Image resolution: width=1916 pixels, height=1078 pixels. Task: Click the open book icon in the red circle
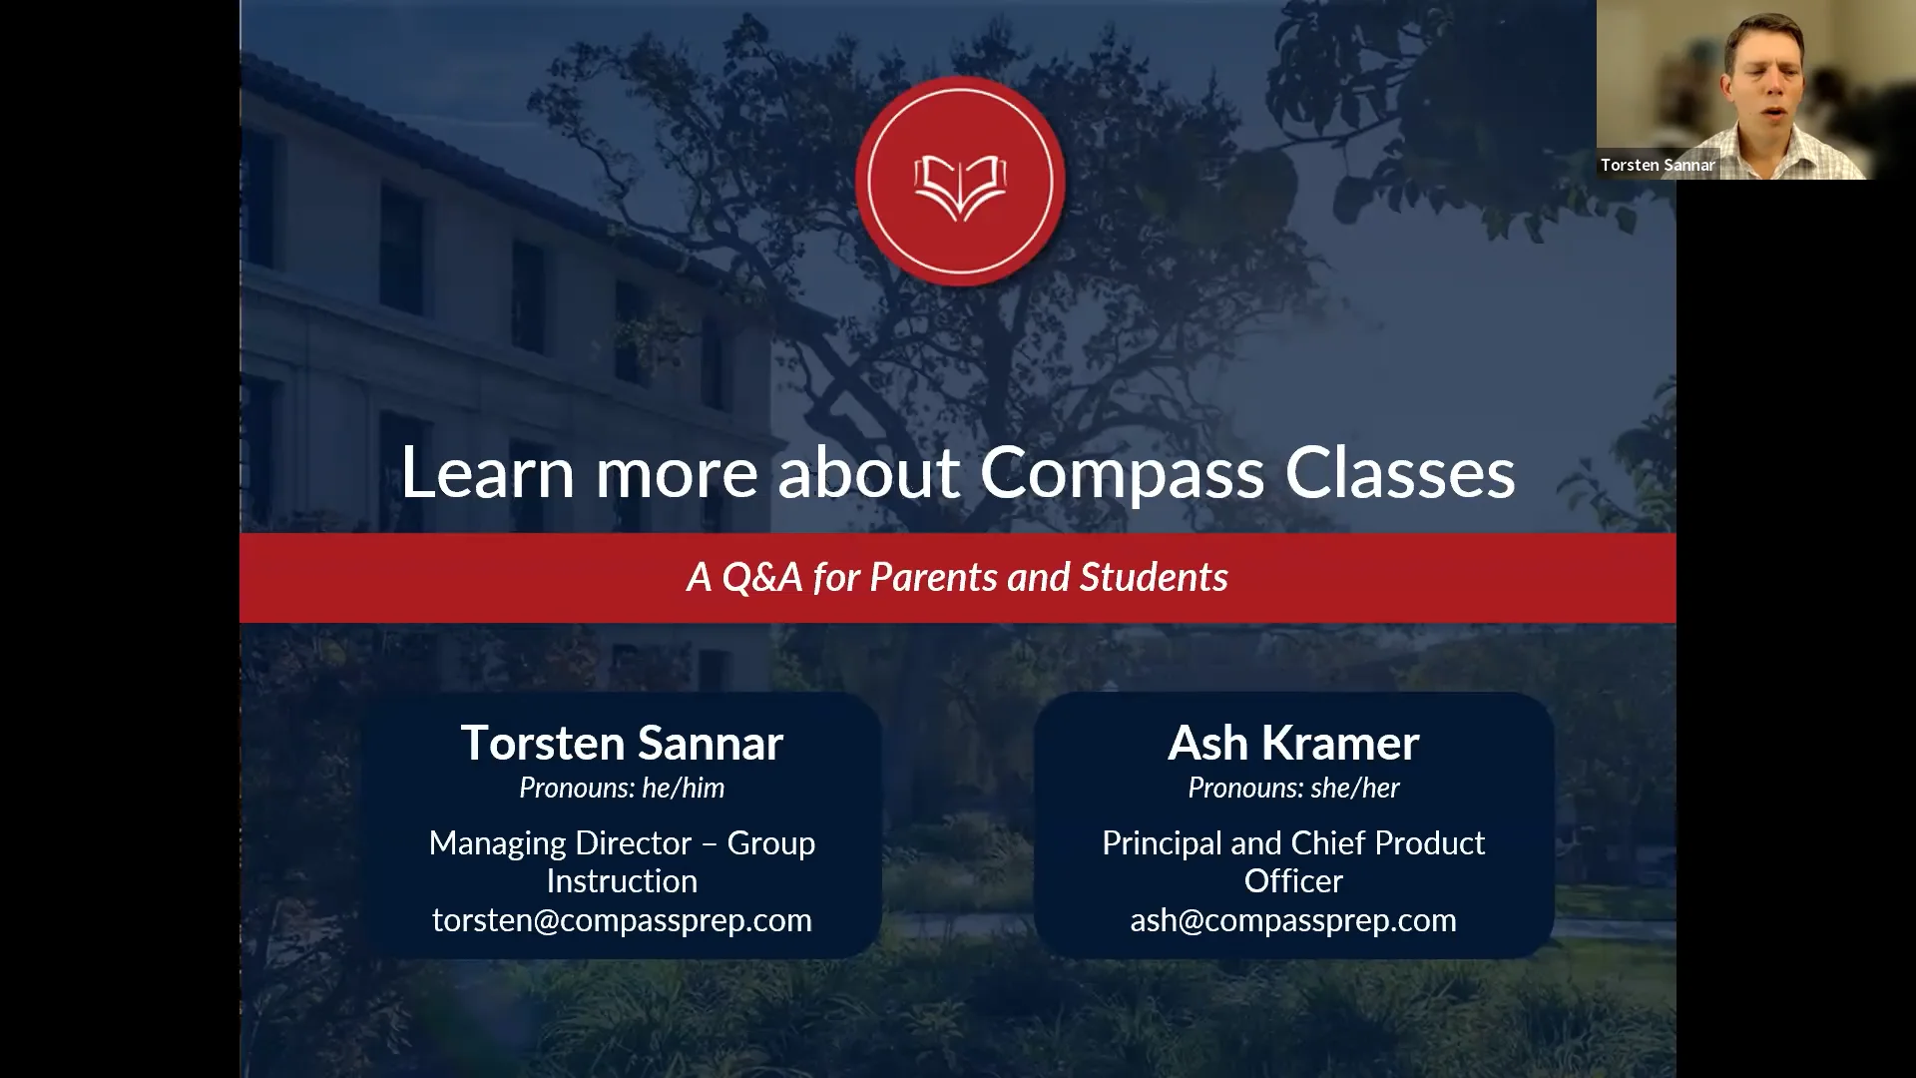[x=960, y=186]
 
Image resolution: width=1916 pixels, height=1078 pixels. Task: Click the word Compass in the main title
[x=1122, y=472]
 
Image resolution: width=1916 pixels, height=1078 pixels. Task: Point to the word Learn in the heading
[x=487, y=472]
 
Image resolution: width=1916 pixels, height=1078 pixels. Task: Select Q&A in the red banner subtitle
[x=761, y=577]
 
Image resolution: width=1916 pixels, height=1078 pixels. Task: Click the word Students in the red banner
[x=1154, y=577]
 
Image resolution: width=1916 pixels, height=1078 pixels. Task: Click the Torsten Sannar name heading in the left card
[x=622, y=743]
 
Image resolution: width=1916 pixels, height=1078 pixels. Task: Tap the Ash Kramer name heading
[x=1293, y=743]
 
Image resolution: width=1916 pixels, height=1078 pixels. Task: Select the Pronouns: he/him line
[x=622, y=788]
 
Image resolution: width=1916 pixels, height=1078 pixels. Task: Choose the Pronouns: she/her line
[x=1293, y=788]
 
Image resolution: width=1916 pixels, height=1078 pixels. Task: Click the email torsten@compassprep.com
[x=622, y=919]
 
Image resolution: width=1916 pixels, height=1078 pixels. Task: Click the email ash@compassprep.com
[x=1293, y=919]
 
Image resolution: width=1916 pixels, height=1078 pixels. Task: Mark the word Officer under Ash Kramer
[x=1293, y=881]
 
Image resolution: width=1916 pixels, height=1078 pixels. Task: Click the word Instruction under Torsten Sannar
[x=622, y=881]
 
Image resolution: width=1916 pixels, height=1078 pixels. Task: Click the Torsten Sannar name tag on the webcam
[x=1657, y=165]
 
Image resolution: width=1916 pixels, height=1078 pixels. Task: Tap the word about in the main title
[x=868, y=472]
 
